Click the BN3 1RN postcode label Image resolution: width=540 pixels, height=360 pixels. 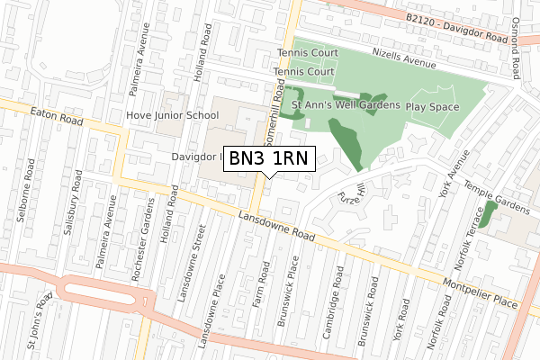point(268,158)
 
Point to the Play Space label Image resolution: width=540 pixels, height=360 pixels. point(432,106)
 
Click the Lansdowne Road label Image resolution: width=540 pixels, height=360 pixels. point(274,223)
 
